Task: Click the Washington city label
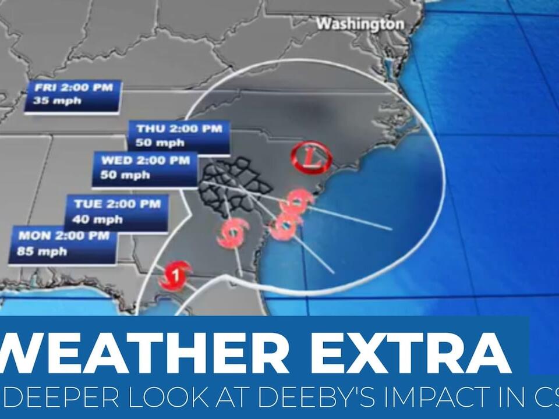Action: tap(360, 24)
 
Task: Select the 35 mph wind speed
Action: tap(49, 101)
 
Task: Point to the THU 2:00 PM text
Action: tap(179, 129)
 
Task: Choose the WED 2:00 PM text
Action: tap(145, 161)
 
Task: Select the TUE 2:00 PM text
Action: tap(116, 204)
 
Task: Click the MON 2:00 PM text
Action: tap(63, 236)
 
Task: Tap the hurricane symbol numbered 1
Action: tap(175, 274)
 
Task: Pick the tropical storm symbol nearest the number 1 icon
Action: tap(233, 233)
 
